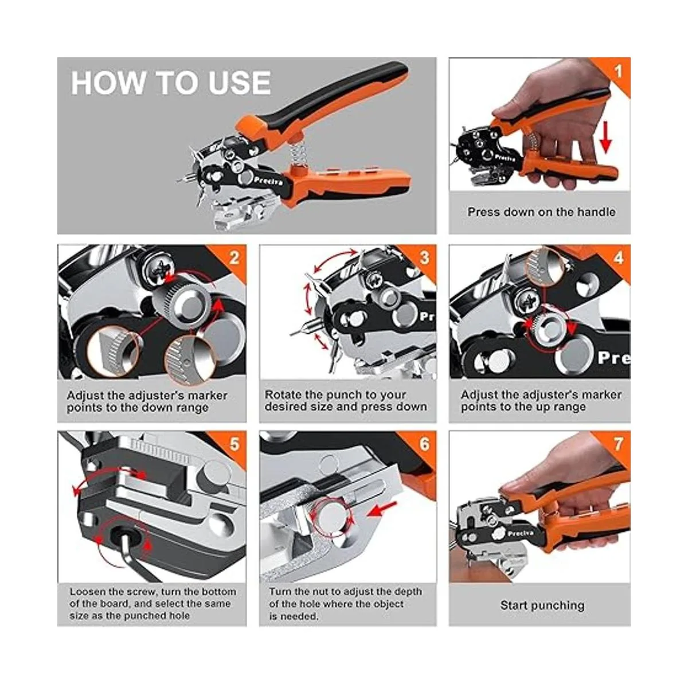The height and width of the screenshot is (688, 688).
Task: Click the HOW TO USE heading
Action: (x=171, y=83)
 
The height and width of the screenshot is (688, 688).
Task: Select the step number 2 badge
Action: (x=234, y=258)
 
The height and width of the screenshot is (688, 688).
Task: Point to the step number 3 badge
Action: (x=424, y=258)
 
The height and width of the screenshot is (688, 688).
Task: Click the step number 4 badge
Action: (x=619, y=258)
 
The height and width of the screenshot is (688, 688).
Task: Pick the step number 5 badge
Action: (x=234, y=445)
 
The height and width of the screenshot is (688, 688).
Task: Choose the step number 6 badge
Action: (x=424, y=445)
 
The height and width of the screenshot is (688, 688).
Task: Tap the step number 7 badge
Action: (x=619, y=445)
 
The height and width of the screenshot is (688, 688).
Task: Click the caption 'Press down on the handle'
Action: (x=541, y=212)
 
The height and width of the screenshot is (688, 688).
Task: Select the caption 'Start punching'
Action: (x=542, y=605)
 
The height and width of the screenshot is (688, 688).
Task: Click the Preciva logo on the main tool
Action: (x=268, y=181)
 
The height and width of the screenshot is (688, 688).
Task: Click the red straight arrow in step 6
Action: (x=382, y=510)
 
